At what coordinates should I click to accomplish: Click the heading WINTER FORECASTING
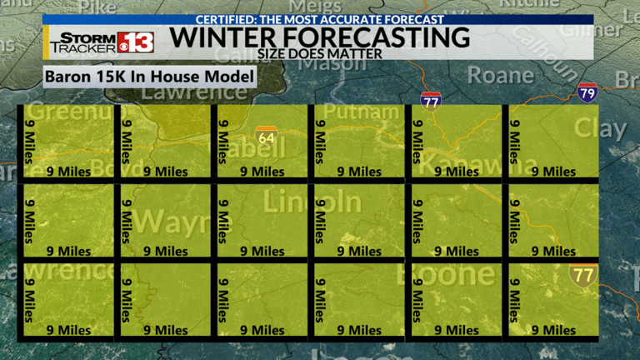coord(319,37)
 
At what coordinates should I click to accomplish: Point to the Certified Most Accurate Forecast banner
coord(320,19)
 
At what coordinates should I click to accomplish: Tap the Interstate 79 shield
coord(587,91)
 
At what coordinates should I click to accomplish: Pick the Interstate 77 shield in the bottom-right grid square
coord(582,273)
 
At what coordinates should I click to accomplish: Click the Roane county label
coord(500,74)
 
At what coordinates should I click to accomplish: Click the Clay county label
coord(600,128)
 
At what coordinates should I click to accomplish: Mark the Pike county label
coord(97,7)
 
